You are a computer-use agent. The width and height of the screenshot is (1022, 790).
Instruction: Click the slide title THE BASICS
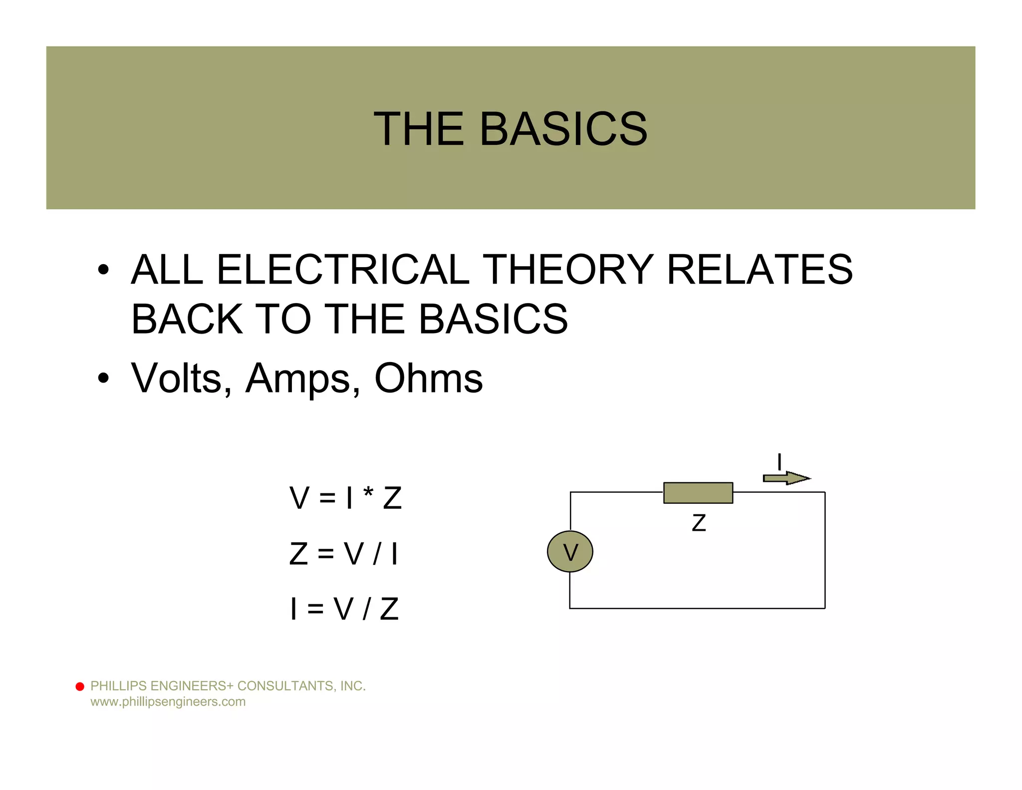(x=510, y=129)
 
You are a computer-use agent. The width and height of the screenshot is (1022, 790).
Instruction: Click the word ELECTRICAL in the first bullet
(x=343, y=270)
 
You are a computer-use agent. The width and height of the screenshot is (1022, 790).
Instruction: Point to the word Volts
(x=176, y=378)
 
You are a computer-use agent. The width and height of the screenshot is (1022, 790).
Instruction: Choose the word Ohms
(x=428, y=378)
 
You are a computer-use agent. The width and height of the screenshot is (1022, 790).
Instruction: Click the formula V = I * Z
(x=345, y=498)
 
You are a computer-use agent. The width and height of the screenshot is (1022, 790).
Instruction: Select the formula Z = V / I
(x=344, y=554)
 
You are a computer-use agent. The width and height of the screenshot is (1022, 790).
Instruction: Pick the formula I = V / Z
(x=344, y=609)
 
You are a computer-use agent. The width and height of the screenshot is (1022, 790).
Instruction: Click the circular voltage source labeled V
(x=570, y=551)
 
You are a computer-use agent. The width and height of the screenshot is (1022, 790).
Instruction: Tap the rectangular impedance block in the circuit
(x=698, y=492)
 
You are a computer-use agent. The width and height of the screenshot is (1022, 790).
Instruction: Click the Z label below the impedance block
(x=699, y=523)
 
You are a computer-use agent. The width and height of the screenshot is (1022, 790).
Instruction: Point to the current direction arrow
(x=786, y=478)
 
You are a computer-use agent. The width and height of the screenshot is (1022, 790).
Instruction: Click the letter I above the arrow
(x=779, y=462)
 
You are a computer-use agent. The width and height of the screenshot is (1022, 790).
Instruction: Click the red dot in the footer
(x=80, y=687)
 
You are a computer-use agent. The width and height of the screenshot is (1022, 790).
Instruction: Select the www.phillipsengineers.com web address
(x=168, y=702)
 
